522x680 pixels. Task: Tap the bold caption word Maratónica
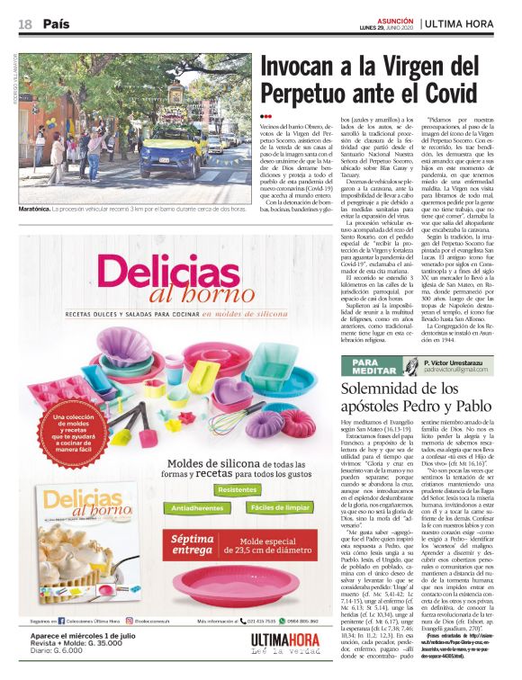click(x=39, y=209)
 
